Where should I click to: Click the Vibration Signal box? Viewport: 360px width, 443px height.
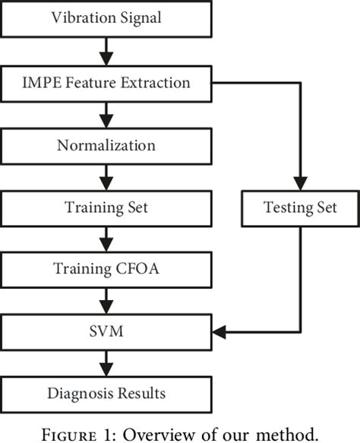(x=106, y=17)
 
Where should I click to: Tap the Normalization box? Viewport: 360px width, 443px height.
(x=106, y=144)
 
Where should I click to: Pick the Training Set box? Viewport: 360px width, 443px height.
(x=106, y=206)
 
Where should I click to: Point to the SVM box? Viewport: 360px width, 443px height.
(x=106, y=331)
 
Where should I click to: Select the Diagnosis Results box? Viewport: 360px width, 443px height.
(x=106, y=394)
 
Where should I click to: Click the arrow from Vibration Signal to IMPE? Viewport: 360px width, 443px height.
(x=106, y=49)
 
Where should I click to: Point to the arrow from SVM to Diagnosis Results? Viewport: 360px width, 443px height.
(x=106, y=362)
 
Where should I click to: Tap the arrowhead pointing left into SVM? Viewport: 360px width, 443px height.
(x=220, y=331)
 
